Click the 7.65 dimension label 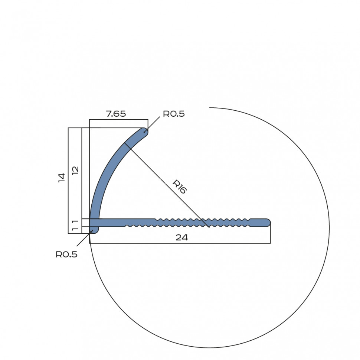(x=116, y=114)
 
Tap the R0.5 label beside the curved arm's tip (x=174, y=114)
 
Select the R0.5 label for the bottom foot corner (x=66, y=254)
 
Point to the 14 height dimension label (x=62, y=178)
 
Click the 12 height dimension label (x=75, y=171)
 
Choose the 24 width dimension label (x=182, y=237)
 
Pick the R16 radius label (x=180, y=187)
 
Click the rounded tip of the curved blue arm (x=145, y=132)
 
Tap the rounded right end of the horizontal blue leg (x=267, y=223)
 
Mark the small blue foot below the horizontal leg (x=94, y=230)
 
